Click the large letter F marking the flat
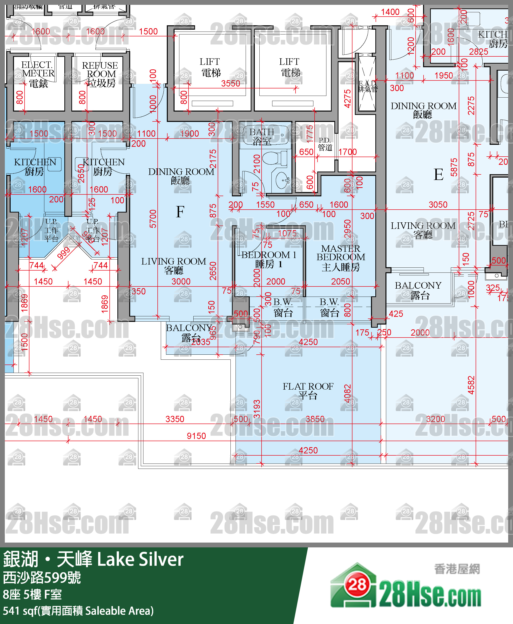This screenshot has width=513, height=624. pos(180,212)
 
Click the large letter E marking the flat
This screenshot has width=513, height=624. pos(439,174)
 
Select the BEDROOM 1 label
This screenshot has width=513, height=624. pos(269,259)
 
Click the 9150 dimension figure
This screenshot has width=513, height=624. pos(196,436)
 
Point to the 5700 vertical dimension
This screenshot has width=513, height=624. pos(153,219)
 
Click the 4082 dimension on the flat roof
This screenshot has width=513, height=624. pos(348,394)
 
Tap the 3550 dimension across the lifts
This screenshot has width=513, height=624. pos(230,84)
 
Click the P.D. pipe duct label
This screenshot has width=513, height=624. pos(325,144)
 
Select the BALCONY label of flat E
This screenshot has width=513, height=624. pos(418,290)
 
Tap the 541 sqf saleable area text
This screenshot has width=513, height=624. pos(78,611)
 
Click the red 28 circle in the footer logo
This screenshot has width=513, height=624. pos(357,585)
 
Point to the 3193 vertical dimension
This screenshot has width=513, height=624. pos(257,409)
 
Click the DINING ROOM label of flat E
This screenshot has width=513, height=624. pos(423,110)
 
